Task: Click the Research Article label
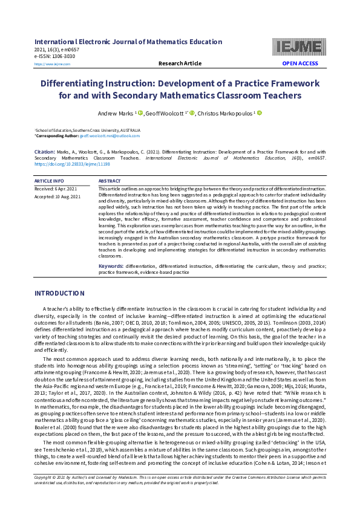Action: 180,63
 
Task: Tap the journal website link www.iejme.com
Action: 52,64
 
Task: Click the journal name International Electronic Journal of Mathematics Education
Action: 128,42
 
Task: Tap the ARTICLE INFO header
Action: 49,181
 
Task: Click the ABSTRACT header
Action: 110,181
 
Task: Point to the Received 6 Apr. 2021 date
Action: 55,189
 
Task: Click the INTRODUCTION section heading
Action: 59,293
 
